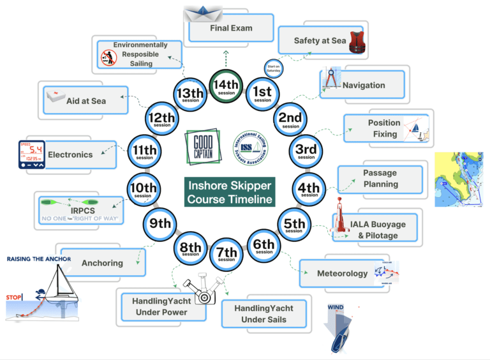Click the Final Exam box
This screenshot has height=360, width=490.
click(231, 29)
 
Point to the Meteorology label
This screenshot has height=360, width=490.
click(343, 274)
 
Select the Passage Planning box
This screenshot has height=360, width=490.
click(380, 179)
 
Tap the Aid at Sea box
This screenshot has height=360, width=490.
click(85, 100)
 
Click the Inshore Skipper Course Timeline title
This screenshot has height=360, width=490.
click(230, 192)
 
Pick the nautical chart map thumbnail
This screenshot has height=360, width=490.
click(460, 179)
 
